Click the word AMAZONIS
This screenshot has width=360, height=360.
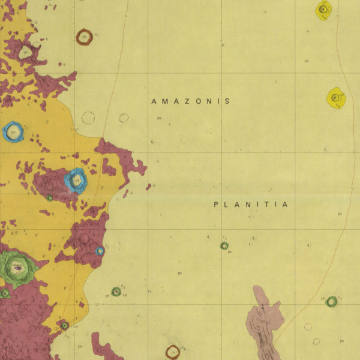191,101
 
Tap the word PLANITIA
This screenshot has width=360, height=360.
251,205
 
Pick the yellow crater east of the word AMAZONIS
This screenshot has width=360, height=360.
335,98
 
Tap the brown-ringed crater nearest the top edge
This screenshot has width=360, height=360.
84,37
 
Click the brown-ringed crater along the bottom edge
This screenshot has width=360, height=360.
173,352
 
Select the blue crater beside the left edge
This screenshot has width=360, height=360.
13,131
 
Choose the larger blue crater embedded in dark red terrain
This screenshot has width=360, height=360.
76,179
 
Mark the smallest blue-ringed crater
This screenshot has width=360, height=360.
100,251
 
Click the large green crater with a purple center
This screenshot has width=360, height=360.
17,266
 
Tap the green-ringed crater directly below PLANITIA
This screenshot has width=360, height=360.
224,245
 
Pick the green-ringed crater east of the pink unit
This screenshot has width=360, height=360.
331,301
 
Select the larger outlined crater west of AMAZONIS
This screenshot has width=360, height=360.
88,118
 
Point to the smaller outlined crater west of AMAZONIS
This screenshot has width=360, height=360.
124,118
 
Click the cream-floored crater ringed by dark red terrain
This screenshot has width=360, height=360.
25,52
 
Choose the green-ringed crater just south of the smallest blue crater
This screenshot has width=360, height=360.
116,292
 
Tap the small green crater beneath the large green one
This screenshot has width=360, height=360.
5,293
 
